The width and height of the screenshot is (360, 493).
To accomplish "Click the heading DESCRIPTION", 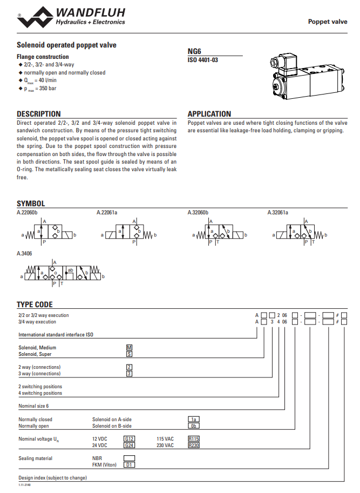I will [x=38, y=114].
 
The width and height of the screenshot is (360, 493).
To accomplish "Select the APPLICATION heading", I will [x=209, y=114].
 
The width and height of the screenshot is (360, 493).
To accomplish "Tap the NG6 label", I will [x=194, y=51].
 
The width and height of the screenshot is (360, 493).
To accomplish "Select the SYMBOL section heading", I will [x=31, y=204].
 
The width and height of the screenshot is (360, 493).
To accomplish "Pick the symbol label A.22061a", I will [x=107, y=212].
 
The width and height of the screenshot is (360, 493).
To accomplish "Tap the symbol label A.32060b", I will [x=198, y=212].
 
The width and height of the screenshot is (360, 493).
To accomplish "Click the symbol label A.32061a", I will [x=278, y=212].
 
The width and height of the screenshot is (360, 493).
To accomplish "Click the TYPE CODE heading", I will [x=35, y=305].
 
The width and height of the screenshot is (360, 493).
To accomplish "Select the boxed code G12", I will [x=129, y=438].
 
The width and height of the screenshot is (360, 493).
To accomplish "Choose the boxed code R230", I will [x=194, y=445].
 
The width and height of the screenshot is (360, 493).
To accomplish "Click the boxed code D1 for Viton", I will [x=129, y=464].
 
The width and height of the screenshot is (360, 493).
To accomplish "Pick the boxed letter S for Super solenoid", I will [x=129, y=354].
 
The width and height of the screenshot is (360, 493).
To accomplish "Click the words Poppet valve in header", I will [x=328, y=22].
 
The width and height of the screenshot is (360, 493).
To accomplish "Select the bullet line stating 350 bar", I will [x=38, y=88].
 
